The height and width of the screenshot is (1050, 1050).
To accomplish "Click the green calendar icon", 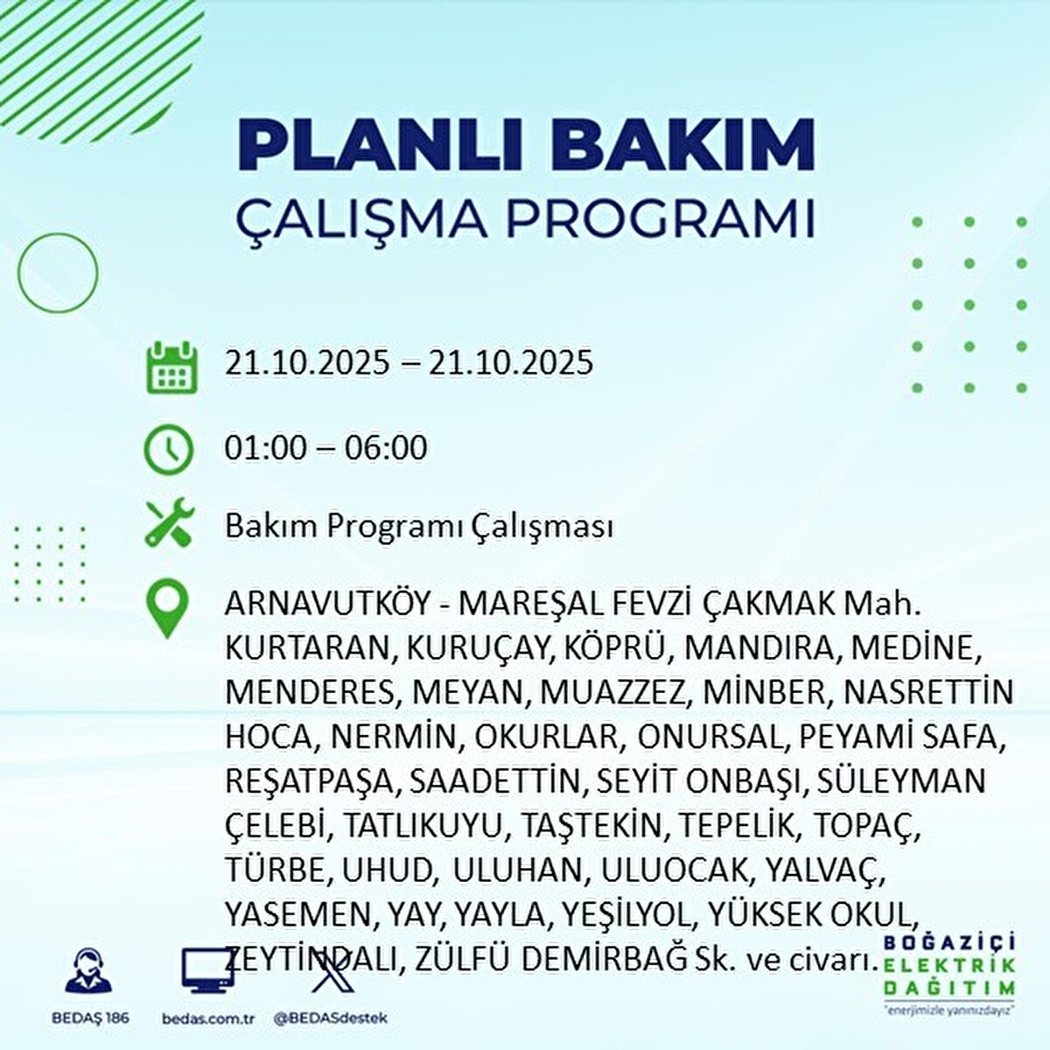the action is (x=171, y=367).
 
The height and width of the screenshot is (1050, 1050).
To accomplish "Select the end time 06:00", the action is (x=386, y=448).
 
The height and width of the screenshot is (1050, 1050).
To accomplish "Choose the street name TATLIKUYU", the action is (x=422, y=827).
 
